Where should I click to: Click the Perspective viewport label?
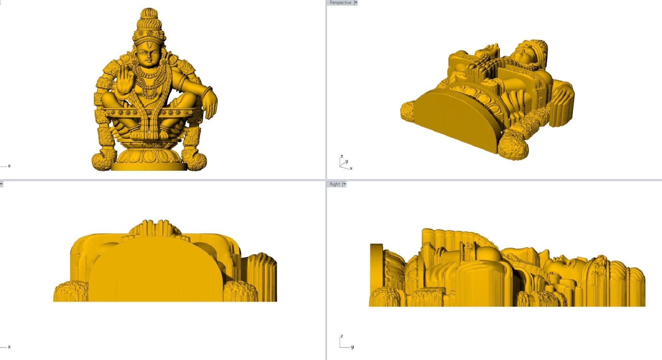tap(340, 3)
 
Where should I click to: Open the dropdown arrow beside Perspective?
tap(356, 3)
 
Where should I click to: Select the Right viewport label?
tap(335, 184)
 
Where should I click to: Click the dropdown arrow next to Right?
tap(344, 184)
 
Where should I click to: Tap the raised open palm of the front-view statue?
tap(125, 81)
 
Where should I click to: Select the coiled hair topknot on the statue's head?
tap(149, 20)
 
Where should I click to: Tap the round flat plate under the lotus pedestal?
tap(148, 166)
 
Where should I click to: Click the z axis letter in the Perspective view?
tap(341, 156)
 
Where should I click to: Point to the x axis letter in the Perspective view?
tap(351, 168)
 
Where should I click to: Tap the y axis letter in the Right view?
tap(352, 347)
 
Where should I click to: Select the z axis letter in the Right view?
tap(341, 336)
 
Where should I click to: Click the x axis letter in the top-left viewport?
tap(9, 166)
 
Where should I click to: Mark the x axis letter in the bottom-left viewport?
tap(9, 347)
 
